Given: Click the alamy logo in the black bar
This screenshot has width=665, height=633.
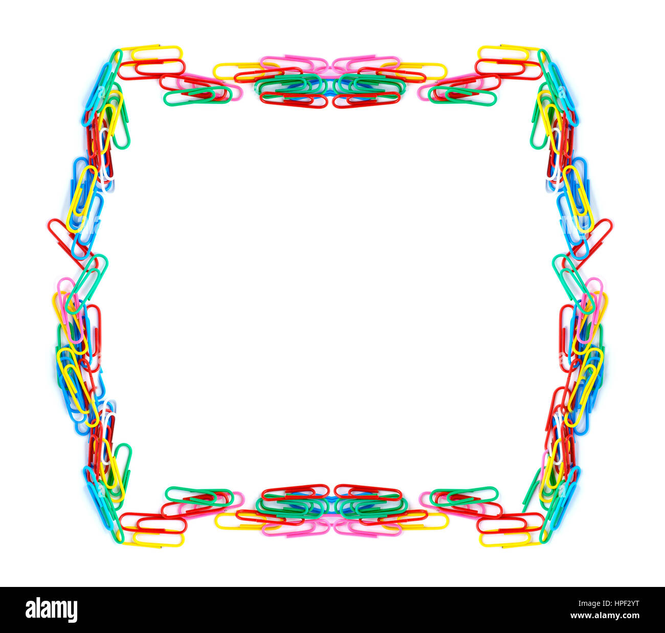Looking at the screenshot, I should coord(51,610).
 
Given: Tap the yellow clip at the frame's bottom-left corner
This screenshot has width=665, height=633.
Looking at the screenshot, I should coord(157,540).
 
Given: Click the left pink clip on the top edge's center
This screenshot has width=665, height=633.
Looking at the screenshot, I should coord(294,62).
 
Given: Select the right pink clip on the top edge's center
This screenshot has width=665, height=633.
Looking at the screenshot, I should coord(365,62).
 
